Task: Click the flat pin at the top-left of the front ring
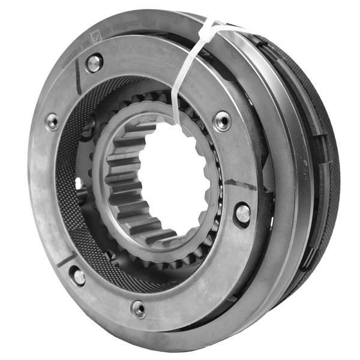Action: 94,62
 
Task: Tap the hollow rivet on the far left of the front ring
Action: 53,122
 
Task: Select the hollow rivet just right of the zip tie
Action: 222,120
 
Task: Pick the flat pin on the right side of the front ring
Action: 242,213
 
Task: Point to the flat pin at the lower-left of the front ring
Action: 78,275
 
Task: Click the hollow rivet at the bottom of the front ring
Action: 139,310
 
